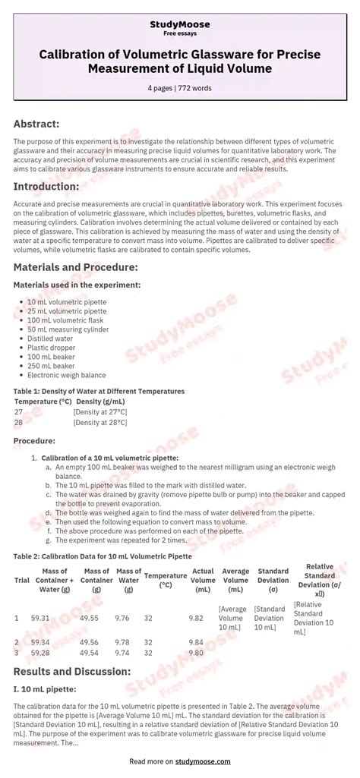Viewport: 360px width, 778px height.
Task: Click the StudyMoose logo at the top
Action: click(180, 24)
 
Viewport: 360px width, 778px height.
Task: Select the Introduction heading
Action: click(46, 187)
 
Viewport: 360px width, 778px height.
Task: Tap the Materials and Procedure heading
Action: click(75, 267)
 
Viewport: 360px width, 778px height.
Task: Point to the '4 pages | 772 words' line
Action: click(180, 88)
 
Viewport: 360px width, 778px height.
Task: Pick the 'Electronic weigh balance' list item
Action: click(67, 375)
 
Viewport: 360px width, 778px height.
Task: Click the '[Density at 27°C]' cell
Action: click(100, 411)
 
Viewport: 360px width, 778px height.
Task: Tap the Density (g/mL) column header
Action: click(101, 402)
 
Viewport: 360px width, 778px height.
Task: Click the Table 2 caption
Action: click(103, 556)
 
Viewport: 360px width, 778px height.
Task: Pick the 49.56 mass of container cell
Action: click(89, 642)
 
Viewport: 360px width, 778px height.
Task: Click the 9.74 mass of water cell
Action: click(122, 652)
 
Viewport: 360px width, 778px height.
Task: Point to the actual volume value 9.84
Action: click(196, 642)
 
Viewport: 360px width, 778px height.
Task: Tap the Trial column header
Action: click(22, 580)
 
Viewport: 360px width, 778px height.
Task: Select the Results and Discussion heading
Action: click(72, 672)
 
